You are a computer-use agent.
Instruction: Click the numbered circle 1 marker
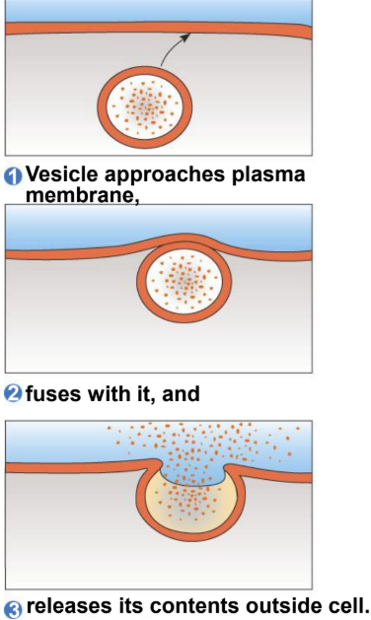click(14, 177)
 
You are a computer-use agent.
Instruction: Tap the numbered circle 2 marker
click(14, 395)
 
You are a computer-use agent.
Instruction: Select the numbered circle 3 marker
click(14, 608)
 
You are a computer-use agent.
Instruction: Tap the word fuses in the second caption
click(52, 394)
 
